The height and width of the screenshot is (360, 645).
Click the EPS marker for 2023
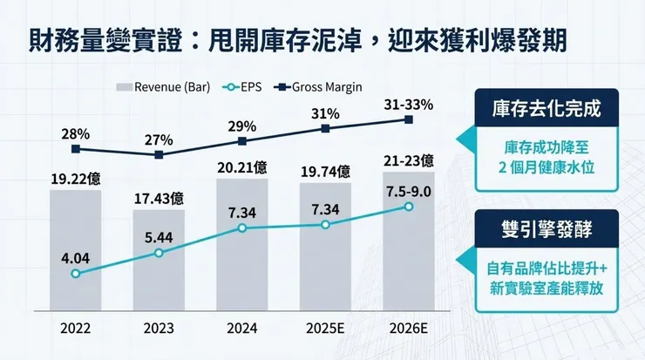(x=159, y=254)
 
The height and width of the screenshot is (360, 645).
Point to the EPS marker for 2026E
(x=408, y=206)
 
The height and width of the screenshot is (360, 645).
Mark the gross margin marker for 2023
(x=159, y=155)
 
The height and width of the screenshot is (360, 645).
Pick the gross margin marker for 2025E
(x=325, y=128)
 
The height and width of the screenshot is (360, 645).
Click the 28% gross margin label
(x=76, y=133)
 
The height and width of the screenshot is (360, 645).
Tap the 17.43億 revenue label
(x=159, y=198)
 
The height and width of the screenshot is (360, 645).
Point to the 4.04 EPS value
(x=76, y=258)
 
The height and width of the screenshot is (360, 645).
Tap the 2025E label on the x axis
(x=325, y=329)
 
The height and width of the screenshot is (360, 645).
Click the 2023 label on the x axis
(x=159, y=329)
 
